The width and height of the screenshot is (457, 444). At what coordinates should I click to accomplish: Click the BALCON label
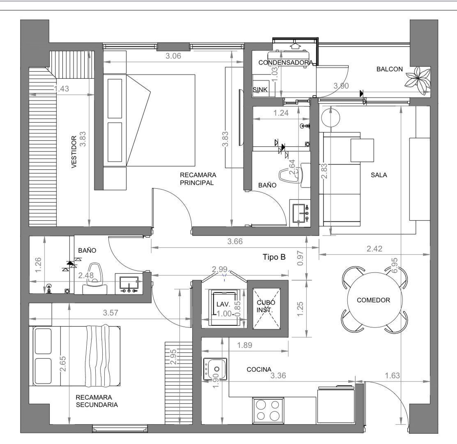tap(389, 69)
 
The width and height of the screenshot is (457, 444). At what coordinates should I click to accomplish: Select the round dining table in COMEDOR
tap(374, 300)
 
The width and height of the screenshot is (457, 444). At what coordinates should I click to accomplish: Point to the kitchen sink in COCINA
tap(215, 369)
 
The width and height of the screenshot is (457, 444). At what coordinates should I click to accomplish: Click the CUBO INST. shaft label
tap(266, 306)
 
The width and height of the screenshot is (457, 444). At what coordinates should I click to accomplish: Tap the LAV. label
tap(223, 304)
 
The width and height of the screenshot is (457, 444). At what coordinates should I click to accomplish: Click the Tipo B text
tap(274, 257)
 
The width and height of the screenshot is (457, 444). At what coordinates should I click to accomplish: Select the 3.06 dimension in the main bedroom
tap(173, 56)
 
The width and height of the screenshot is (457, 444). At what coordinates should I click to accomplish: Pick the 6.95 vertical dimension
tap(394, 265)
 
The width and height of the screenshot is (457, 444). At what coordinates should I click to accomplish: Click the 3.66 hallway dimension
tap(235, 241)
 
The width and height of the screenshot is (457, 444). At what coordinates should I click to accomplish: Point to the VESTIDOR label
tap(74, 152)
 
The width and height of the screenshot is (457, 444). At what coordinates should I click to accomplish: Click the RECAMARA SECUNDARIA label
tap(97, 401)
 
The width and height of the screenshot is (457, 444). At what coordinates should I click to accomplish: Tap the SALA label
tap(379, 175)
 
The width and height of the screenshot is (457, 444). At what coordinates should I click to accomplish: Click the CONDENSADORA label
tap(286, 63)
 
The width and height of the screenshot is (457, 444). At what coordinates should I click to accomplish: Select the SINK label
tap(260, 90)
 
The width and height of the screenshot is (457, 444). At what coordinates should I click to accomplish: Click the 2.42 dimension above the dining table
tap(374, 249)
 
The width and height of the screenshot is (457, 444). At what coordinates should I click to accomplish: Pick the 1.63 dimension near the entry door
tap(392, 375)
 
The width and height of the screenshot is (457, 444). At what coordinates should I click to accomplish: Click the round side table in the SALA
tap(331, 117)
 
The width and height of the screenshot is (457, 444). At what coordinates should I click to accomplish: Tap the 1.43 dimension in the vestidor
tap(62, 89)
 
